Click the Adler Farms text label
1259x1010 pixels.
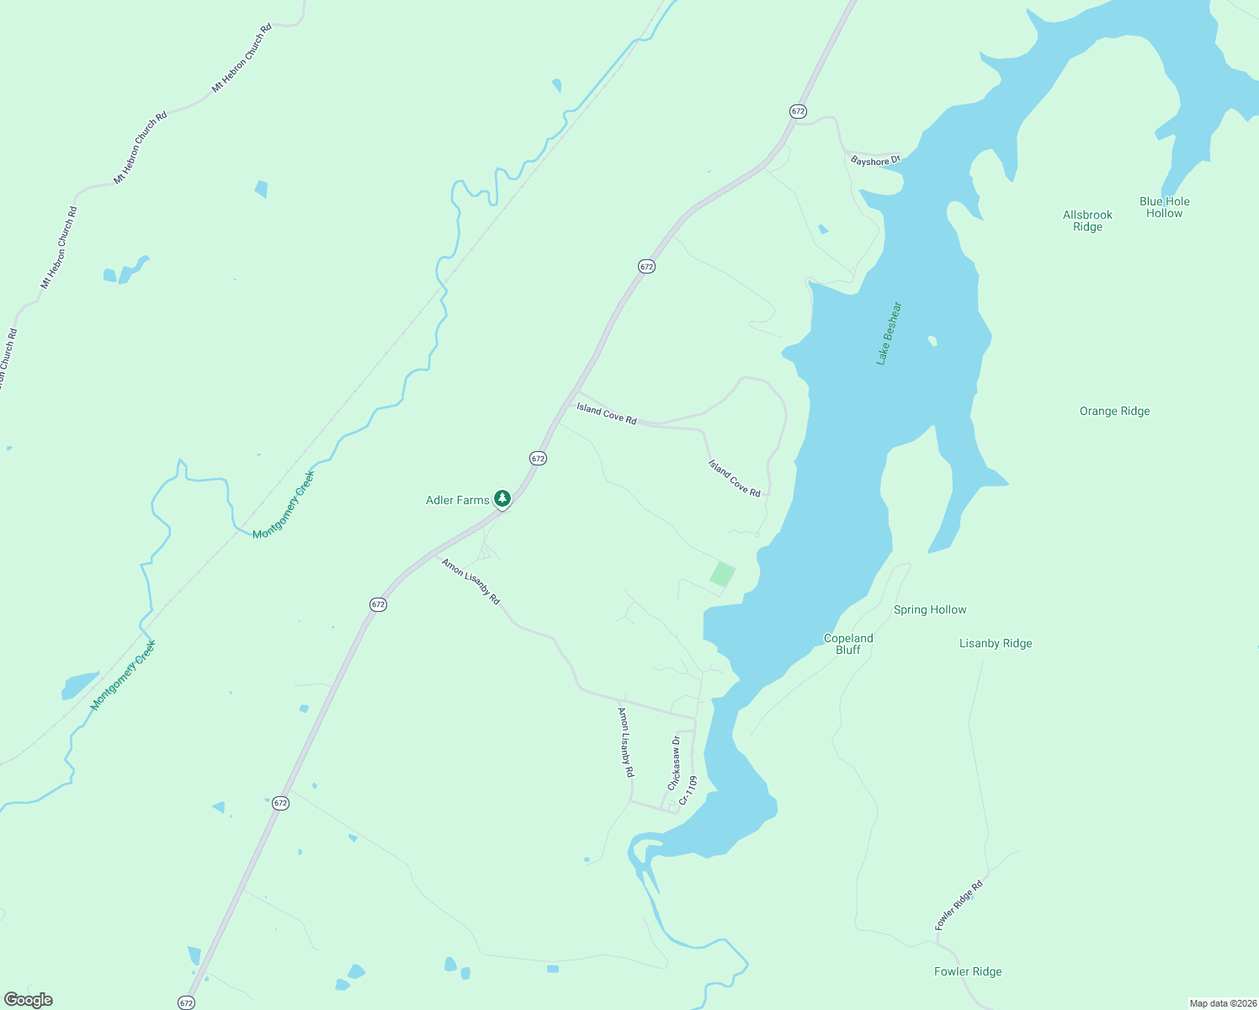[457, 500]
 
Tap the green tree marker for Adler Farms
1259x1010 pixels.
[502, 499]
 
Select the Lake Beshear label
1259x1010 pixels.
[889, 333]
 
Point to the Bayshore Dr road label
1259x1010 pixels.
[875, 160]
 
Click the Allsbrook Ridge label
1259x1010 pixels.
[1087, 221]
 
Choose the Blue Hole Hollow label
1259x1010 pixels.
[1165, 207]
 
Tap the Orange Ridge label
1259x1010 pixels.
[1114, 411]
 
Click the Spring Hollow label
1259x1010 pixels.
[930, 609]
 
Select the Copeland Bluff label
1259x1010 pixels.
[848, 644]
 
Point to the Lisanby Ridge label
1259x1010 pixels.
[996, 643]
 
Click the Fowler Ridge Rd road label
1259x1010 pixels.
[959, 906]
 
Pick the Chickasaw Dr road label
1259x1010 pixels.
[674, 763]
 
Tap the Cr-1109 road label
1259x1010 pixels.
[688, 790]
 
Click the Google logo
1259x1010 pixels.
[29, 1000]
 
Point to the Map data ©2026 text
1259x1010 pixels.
[1222, 1003]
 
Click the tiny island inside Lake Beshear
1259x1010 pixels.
[932, 341]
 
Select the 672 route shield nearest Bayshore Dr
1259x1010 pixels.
[798, 111]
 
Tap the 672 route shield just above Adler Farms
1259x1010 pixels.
[539, 458]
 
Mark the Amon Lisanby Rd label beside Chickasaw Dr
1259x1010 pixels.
[626, 742]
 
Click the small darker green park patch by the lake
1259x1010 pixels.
[722, 575]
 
